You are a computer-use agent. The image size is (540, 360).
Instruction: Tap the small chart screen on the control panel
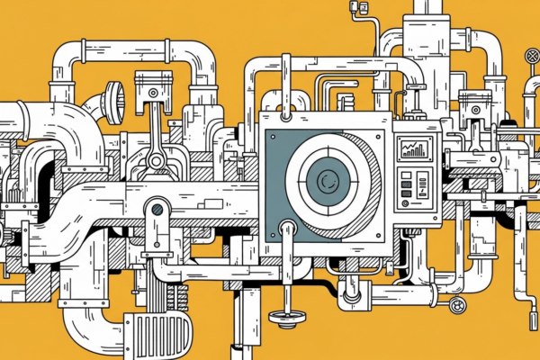(x=416, y=149)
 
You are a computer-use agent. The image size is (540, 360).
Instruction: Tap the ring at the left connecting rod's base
(x=157, y=161)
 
